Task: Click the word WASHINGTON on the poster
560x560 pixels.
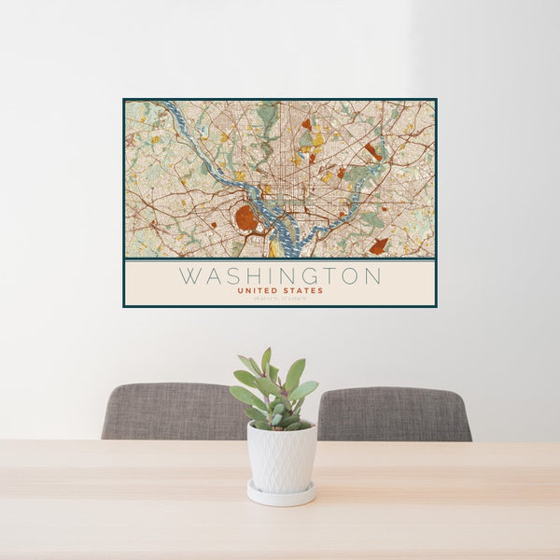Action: tap(280, 276)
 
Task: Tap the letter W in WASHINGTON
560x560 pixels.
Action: tap(189, 276)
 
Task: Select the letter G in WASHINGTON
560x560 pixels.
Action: tap(308, 276)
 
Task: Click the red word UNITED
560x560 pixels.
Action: tap(257, 290)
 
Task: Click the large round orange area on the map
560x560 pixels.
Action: tap(246, 218)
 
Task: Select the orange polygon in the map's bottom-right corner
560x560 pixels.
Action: tap(378, 246)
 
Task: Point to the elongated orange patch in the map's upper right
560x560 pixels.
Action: tap(373, 151)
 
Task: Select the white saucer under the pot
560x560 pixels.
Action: tap(281, 495)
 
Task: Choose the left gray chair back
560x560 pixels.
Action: tap(173, 411)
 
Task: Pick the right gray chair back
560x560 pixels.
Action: tap(394, 413)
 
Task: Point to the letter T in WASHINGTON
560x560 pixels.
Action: tap(329, 276)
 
